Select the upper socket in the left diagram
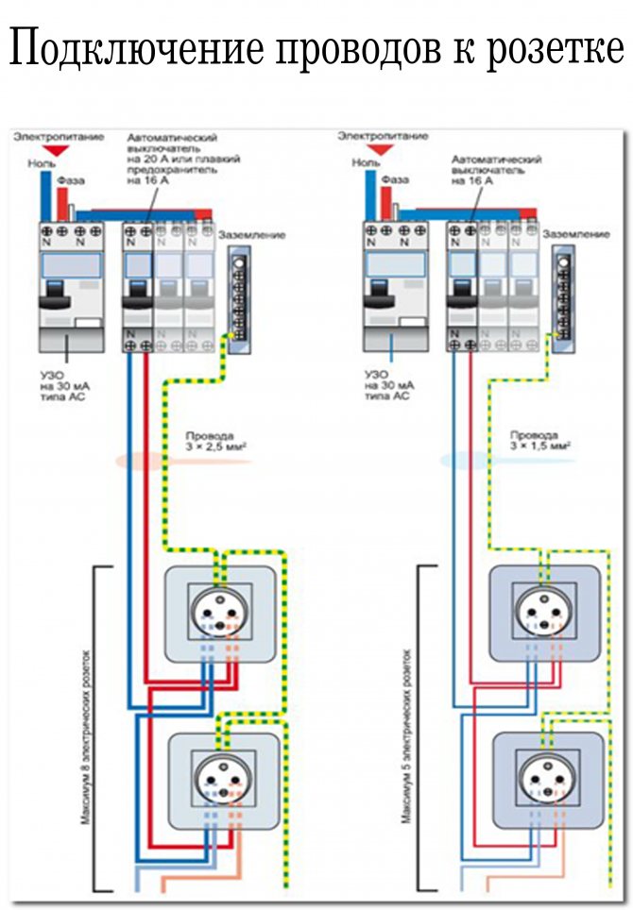[x=221, y=614]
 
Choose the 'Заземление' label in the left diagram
[x=251, y=234]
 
